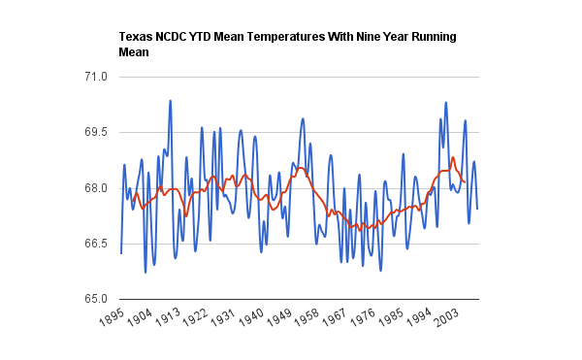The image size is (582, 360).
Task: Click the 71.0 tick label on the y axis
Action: [x=96, y=77]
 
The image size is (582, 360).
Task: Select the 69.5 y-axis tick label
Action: [x=96, y=132]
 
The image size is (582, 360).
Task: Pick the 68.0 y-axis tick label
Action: [x=96, y=188]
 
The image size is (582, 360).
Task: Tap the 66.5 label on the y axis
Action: [x=96, y=244]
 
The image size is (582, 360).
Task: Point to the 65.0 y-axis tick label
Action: [x=96, y=299]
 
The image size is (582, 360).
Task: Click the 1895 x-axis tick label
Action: [x=112, y=316]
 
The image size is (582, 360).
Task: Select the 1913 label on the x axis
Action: [x=168, y=316]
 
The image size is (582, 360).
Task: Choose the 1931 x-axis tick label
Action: [x=223, y=316]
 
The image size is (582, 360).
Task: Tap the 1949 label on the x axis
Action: [x=278, y=316]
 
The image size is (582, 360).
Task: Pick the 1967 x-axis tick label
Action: [x=335, y=316]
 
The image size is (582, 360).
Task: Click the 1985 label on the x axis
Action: [x=391, y=316]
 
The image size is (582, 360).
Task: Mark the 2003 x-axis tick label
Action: [x=446, y=316]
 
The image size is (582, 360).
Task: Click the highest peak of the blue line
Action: [x=171, y=101]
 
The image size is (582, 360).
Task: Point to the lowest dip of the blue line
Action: [x=145, y=273]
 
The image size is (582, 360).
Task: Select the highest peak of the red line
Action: [x=453, y=157]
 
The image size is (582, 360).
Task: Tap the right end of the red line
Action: [x=465, y=182]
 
